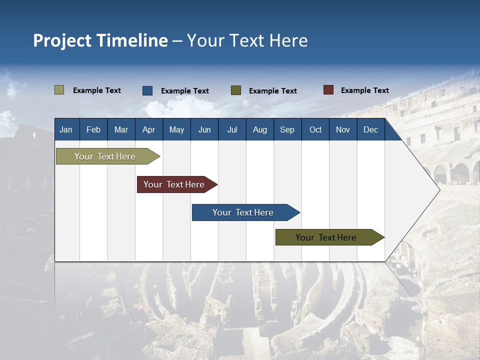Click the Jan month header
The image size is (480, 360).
point(66,129)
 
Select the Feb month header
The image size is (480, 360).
point(93,129)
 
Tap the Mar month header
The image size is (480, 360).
point(121,129)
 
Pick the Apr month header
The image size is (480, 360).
point(148,129)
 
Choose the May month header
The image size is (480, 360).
point(176,129)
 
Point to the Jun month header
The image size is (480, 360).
point(204,129)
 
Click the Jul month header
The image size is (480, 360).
point(232,129)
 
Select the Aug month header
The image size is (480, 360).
point(259,129)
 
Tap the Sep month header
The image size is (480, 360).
point(287,129)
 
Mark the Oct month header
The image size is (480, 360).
point(315,129)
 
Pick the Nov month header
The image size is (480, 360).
point(343,129)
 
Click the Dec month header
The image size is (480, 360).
point(371,129)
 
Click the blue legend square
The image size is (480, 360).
point(147,90)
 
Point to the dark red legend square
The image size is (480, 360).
point(328,90)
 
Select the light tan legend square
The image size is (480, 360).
point(59,90)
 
